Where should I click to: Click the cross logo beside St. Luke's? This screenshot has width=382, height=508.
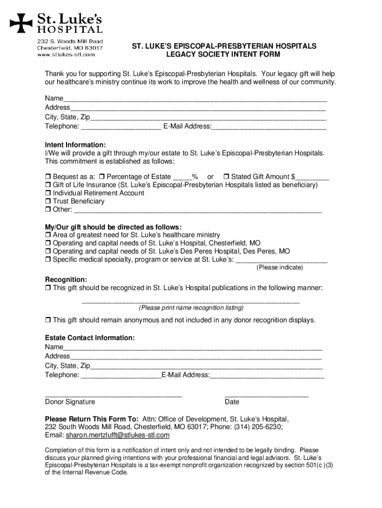[x=21, y=21]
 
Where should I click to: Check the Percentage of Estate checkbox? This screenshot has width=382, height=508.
[x=101, y=177]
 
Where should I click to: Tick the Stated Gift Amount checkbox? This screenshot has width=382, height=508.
[x=226, y=177]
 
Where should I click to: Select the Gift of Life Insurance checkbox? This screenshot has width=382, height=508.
[x=48, y=185]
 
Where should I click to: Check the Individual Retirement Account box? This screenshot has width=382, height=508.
[x=48, y=193]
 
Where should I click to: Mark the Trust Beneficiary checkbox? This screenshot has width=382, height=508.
[x=48, y=201]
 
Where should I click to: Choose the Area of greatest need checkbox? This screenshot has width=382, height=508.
[x=48, y=235]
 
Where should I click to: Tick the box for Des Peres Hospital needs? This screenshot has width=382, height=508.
[x=48, y=252]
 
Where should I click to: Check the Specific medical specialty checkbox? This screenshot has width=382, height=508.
[x=48, y=259]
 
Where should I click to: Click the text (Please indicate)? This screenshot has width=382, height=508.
[x=279, y=267]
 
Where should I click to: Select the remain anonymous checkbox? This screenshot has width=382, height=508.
[x=48, y=320]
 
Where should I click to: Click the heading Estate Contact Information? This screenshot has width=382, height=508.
[x=90, y=338]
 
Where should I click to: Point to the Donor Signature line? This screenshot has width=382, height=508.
[x=114, y=396]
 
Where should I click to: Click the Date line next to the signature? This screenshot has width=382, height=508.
[x=266, y=396]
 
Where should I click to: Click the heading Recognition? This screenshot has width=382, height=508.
[x=66, y=279]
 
